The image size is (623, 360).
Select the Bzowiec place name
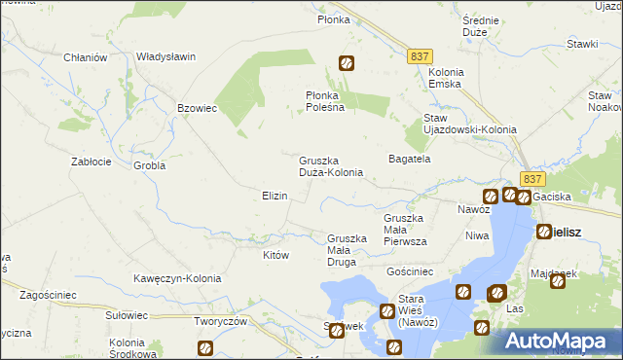(x=197, y=108)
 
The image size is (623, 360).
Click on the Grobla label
(x=150, y=165)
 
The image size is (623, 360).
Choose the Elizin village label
(x=275, y=196)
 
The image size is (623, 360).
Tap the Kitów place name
(x=276, y=255)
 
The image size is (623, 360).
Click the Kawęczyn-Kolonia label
(x=177, y=278)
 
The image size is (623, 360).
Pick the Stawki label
(x=582, y=44)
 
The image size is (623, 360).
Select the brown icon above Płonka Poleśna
(x=346, y=64)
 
